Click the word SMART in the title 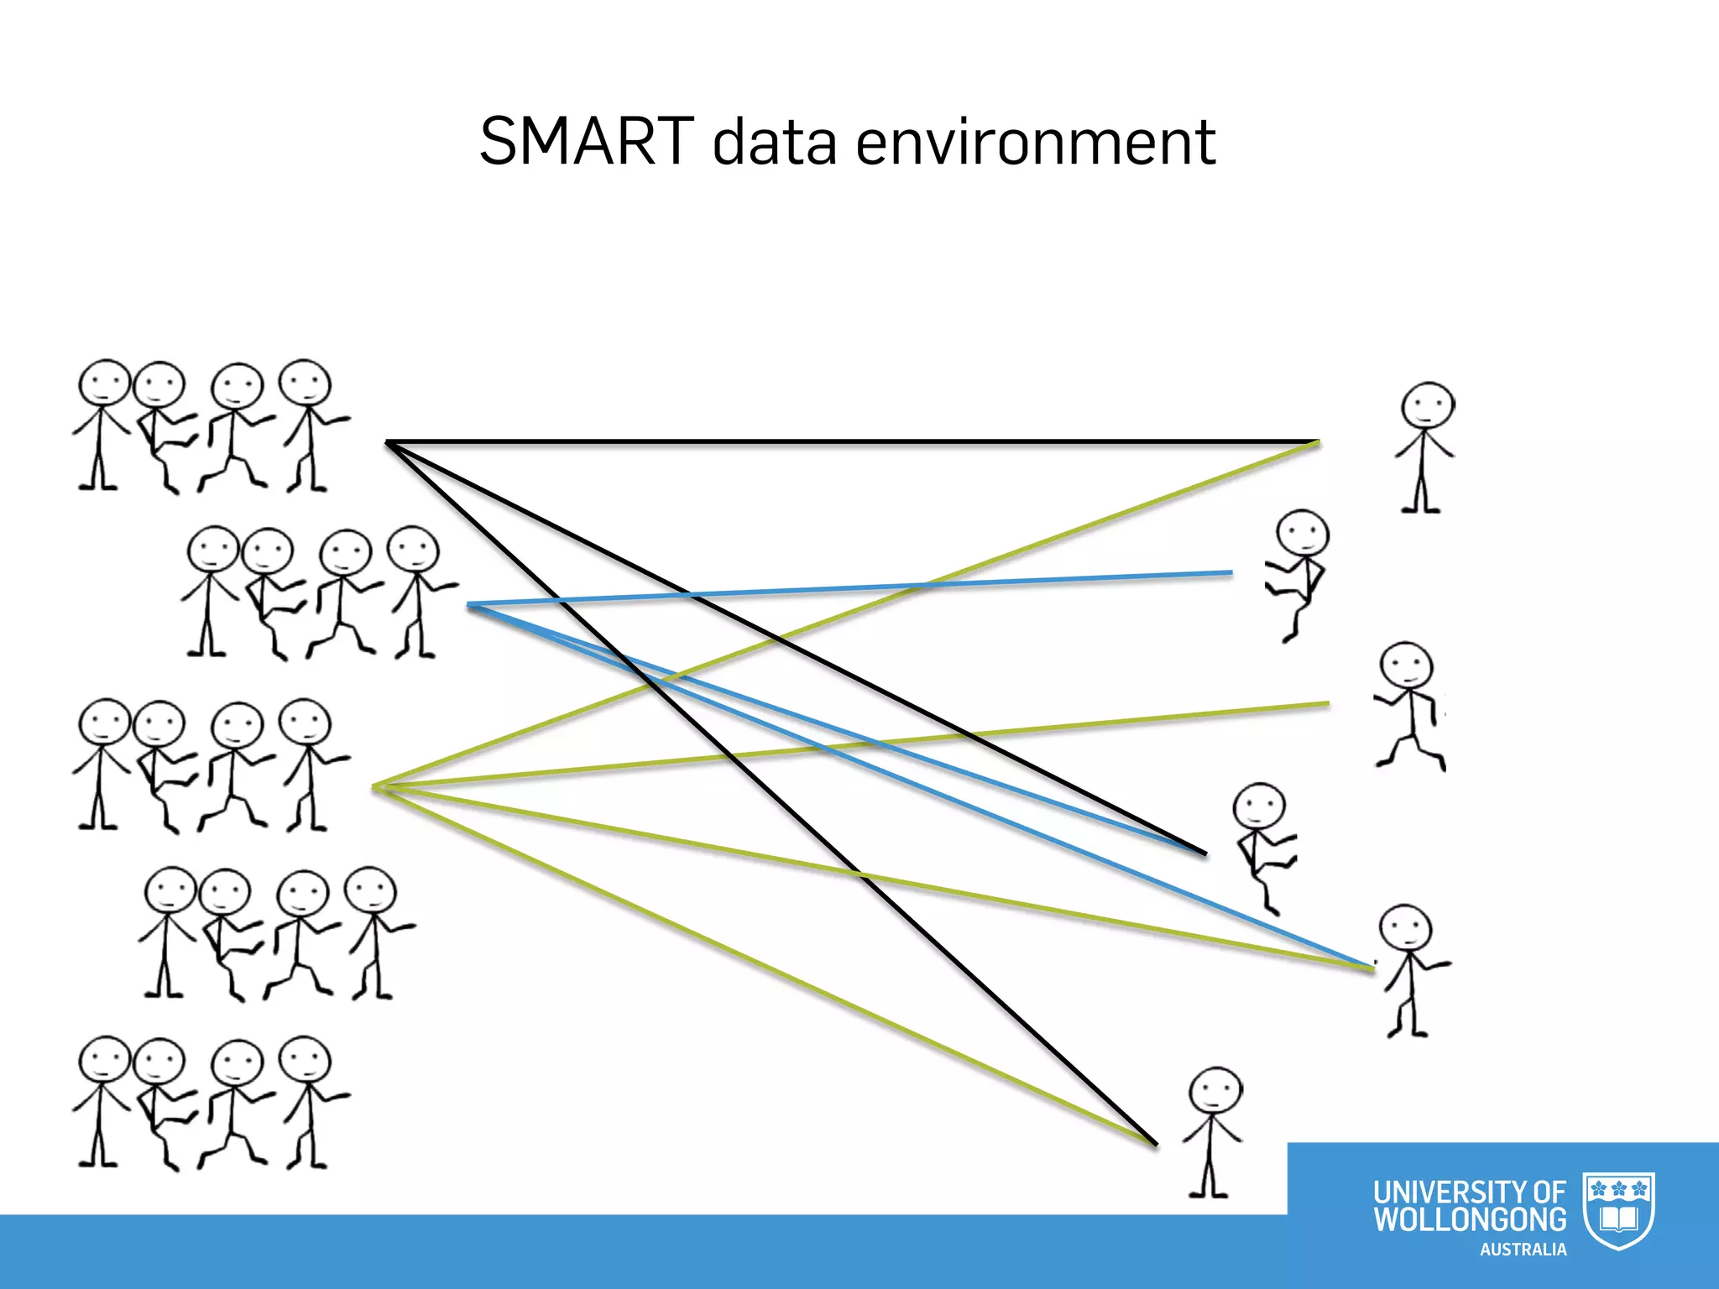(586, 141)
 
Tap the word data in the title (774, 141)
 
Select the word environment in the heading (1035, 141)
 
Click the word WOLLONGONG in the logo (1470, 1219)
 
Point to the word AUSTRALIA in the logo (1523, 1250)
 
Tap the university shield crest (1618, 1210)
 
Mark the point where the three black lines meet (388, 442)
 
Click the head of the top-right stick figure (1427, 406)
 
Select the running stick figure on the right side (1408, 705)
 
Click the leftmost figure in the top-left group (102, 424)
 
